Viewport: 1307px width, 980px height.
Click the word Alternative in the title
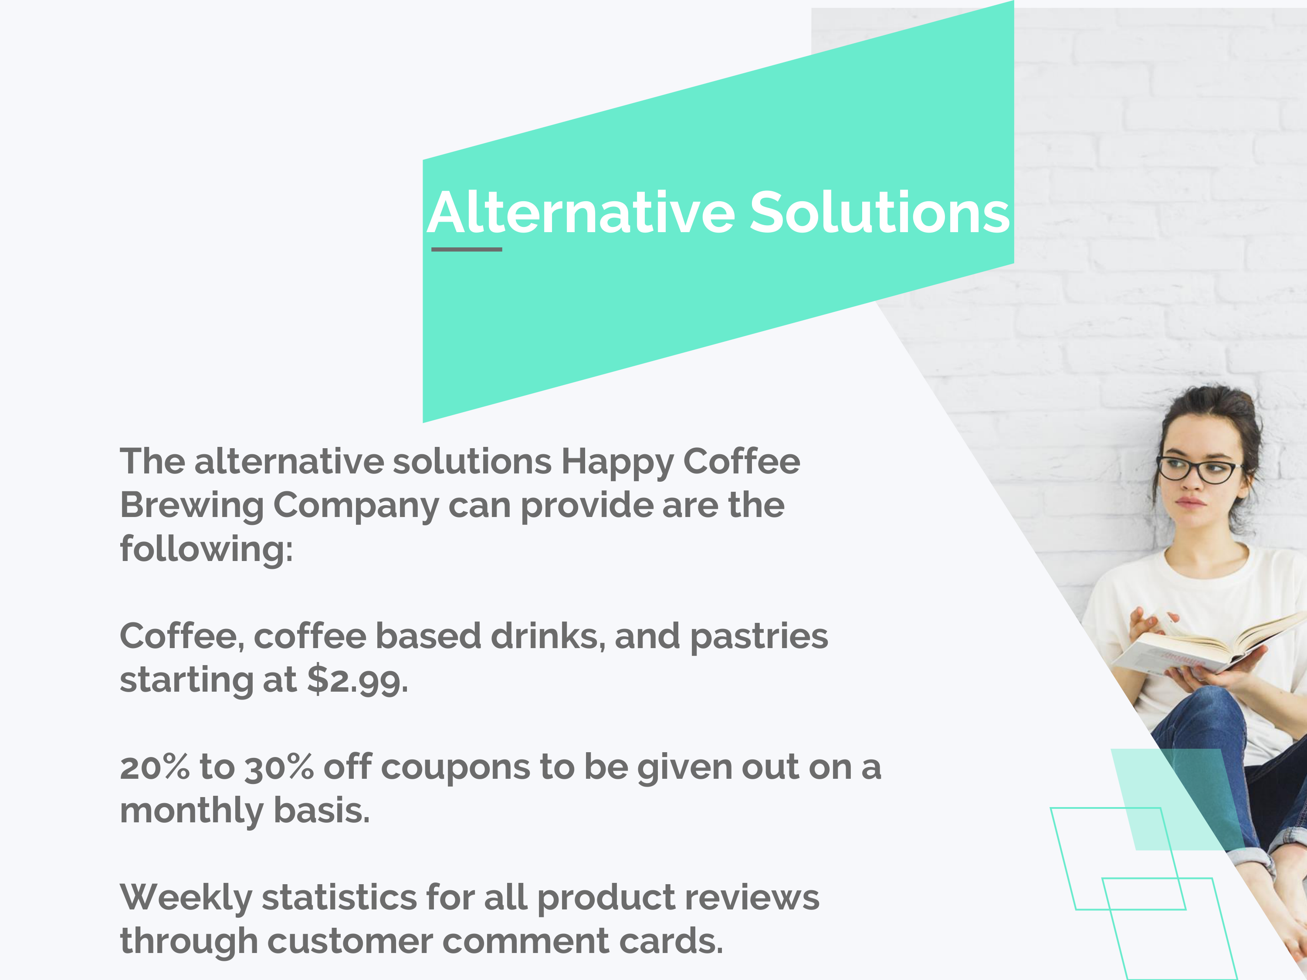581,213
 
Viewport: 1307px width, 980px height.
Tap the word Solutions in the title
880,213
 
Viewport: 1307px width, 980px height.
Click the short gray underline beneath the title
467,249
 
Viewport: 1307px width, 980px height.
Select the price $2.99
357,679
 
